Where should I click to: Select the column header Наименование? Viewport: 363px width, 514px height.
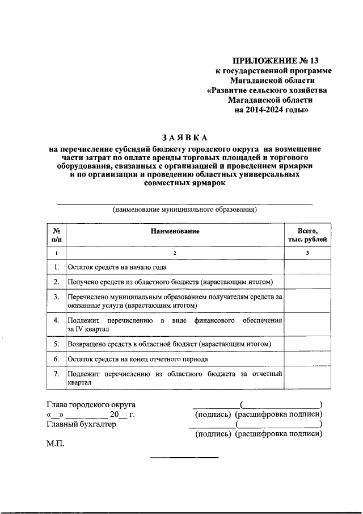click(x=175, y=231)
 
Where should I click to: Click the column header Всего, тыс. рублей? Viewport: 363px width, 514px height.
click(x=307, y=236)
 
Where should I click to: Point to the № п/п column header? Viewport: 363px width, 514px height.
click(x=56, y=236)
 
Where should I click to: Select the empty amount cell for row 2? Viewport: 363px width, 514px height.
click(x=307, y=282)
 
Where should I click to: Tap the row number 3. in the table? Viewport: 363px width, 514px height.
click(x=56, y=296)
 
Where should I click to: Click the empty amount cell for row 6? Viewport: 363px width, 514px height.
click(x=307, y=359)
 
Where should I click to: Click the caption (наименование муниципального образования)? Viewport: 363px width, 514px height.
click(x=185, y=210)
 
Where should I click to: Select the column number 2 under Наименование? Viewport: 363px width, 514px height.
click(x=175, y=252)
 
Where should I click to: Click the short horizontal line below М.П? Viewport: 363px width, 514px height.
click(x=184, y=457)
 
